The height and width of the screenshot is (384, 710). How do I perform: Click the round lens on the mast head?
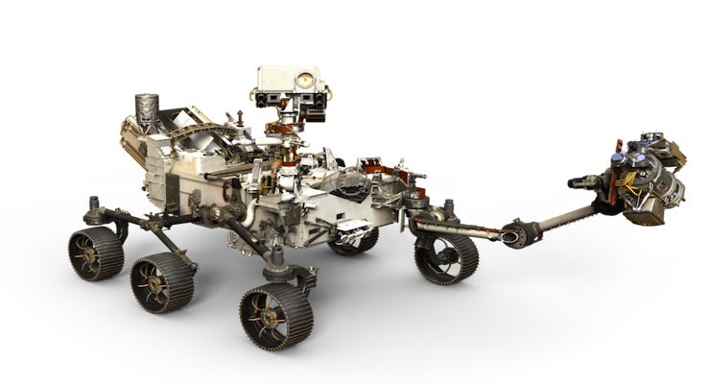click(306, 81)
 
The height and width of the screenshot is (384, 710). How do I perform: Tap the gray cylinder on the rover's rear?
click(147, 111)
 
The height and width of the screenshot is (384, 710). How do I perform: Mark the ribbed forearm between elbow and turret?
click(566, 216)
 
